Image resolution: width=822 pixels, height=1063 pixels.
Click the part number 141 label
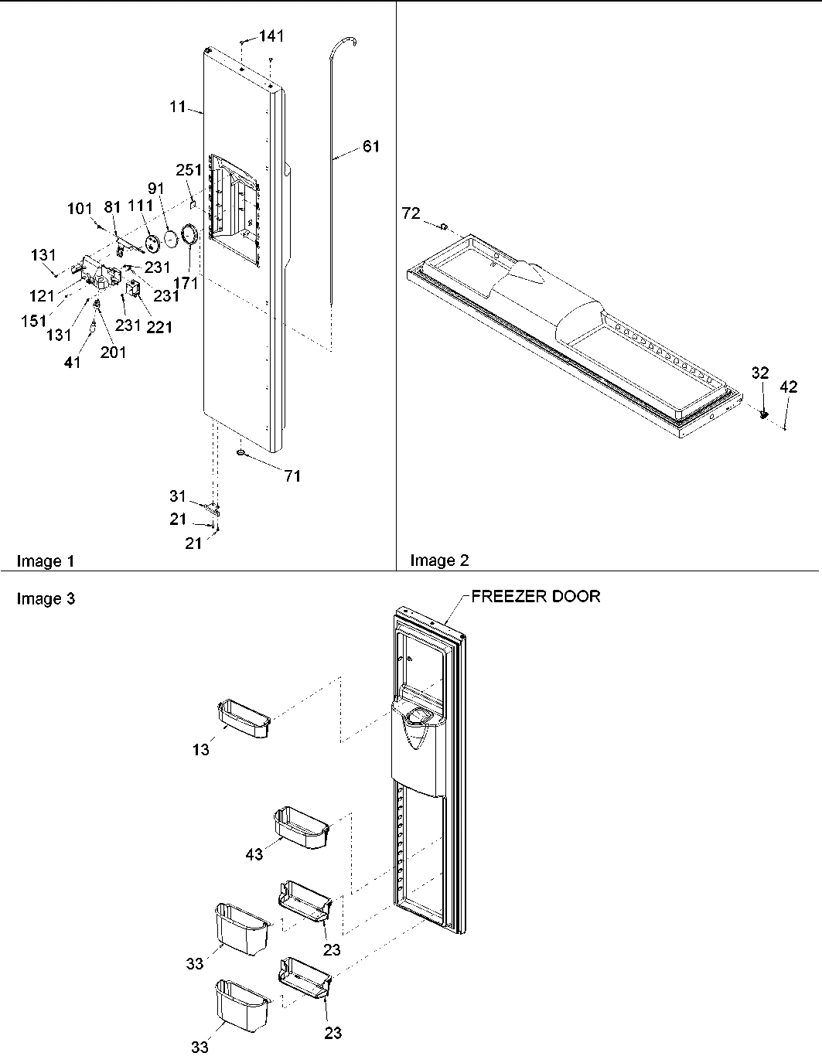pos(271,36)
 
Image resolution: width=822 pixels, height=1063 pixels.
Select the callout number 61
pos(371,146)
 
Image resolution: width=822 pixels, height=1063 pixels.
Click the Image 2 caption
pos(439,560)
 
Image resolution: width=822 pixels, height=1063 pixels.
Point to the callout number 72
pos(411,213)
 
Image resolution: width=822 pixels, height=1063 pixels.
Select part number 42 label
pos(788,388)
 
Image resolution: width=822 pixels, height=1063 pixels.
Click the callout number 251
pos(189,170)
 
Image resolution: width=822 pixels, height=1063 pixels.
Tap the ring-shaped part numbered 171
pos(189,235)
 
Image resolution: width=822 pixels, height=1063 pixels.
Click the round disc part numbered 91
pos(172,239)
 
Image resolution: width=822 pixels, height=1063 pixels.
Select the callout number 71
pos(292,476)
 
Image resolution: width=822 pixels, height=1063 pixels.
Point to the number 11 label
pos(178,107)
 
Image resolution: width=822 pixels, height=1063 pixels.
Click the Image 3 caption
pos(46,598)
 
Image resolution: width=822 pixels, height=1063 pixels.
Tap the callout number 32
pos(760,373)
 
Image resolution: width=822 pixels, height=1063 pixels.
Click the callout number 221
pos(159,327)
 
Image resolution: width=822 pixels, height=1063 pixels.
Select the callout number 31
pos(179,496)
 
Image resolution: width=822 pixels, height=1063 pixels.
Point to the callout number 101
pos(80,209)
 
